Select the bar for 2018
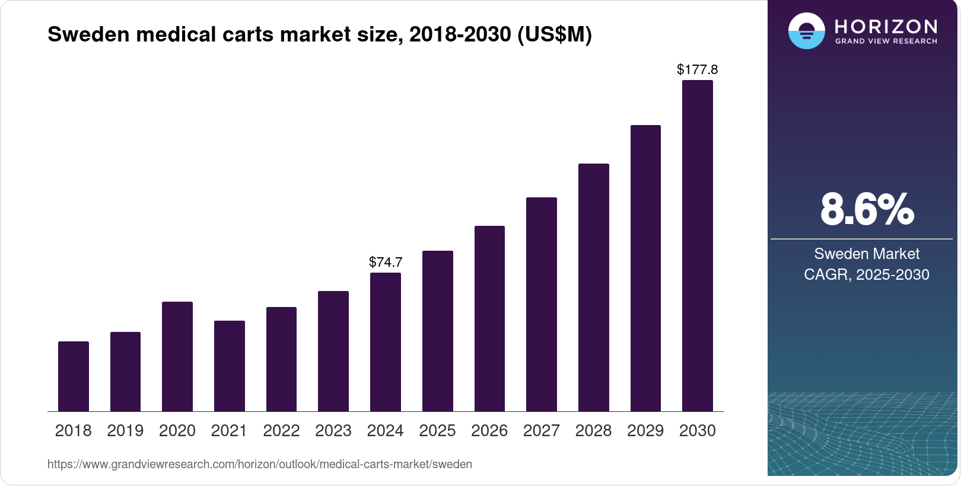coord(74,376)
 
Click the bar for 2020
coord(177,356)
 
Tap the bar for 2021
coord(230,366)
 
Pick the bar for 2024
coord(386,342)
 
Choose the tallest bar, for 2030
coord(698,245)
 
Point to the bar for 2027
coord(542,304)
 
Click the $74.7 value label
coord(386,262)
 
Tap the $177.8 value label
coord(698,69)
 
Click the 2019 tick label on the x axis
coord(125,431)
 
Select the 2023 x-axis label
coord(333,431)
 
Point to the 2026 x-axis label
coord(489,431)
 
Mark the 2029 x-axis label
coord(645,431)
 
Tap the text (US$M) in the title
coord(555,34)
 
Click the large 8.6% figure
coord(867,209)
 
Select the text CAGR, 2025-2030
coord(867,274)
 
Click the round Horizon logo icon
coord(806,31)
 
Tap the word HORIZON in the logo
coord(886,26)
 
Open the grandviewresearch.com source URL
coord(260,464)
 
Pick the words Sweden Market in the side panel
coord(867,254)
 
